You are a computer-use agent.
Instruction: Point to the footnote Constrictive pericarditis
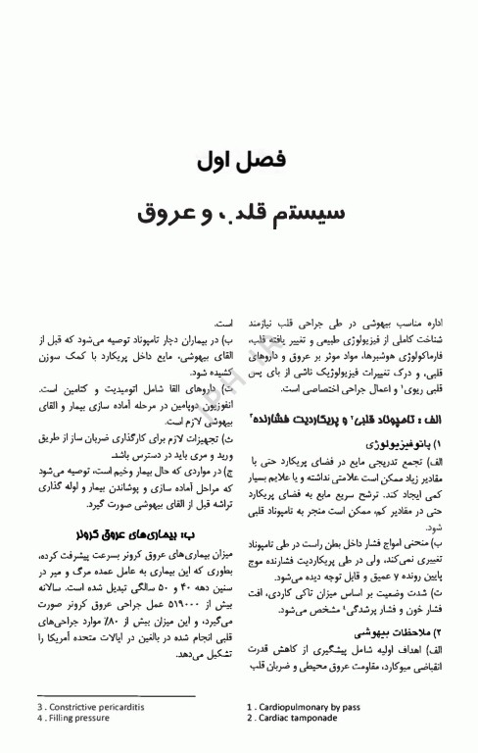pos(86,706)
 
